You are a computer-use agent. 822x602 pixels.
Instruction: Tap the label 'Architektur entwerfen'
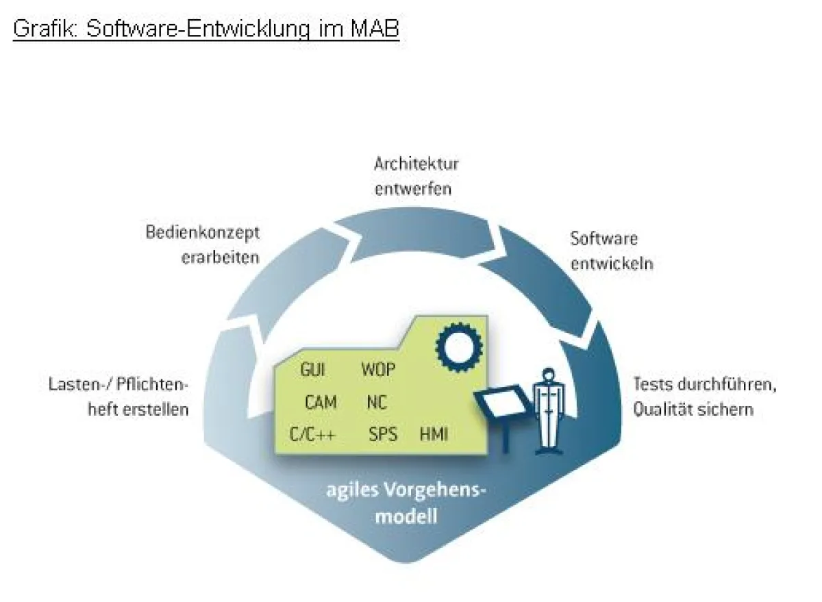pyautogui.click(x=416, y=176)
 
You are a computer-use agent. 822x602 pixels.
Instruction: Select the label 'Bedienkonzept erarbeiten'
pyautogui.click(x=202, y=244)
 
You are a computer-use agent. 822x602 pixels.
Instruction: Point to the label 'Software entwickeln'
pyautogui.click(x=611, y=251)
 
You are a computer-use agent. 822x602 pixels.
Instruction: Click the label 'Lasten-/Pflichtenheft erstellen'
pyautogui.click(x=118, y=397)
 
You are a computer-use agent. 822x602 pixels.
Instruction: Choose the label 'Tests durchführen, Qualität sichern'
pyautogui.click(x=704, y=397)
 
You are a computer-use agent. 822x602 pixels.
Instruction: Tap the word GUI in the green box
pyautogui.click(x=312, y=371)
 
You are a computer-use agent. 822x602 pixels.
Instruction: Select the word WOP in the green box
pyautogui.click(x=378, y=371)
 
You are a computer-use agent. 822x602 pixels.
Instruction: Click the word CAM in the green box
pyautogui.click(x=321, y=402)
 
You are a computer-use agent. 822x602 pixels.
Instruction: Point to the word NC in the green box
pyautogui.click(x=377, y=402)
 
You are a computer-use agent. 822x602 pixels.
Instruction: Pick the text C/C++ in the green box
pyautogui.click(x=312, y=434)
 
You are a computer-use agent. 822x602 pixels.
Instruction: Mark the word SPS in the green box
pyautogui.click(x=382, y=434)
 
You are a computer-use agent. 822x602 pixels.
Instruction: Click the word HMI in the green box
pyautogui.click(x=434, y=434)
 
